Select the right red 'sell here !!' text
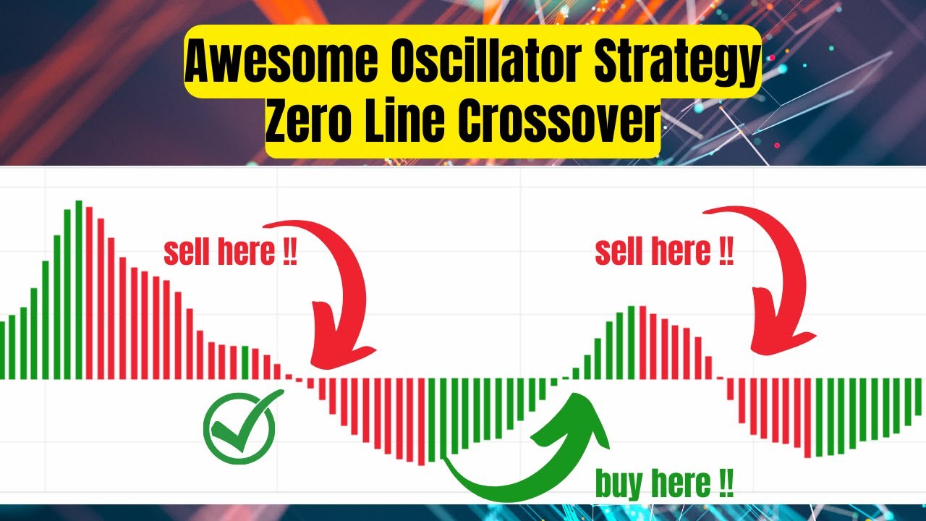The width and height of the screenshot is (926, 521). (x=664, y=253)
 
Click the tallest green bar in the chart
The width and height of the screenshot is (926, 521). (x=78, y=289)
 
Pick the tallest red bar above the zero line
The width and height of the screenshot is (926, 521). (x=89, y=293)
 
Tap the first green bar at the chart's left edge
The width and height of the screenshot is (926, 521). (x=2, y=350)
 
